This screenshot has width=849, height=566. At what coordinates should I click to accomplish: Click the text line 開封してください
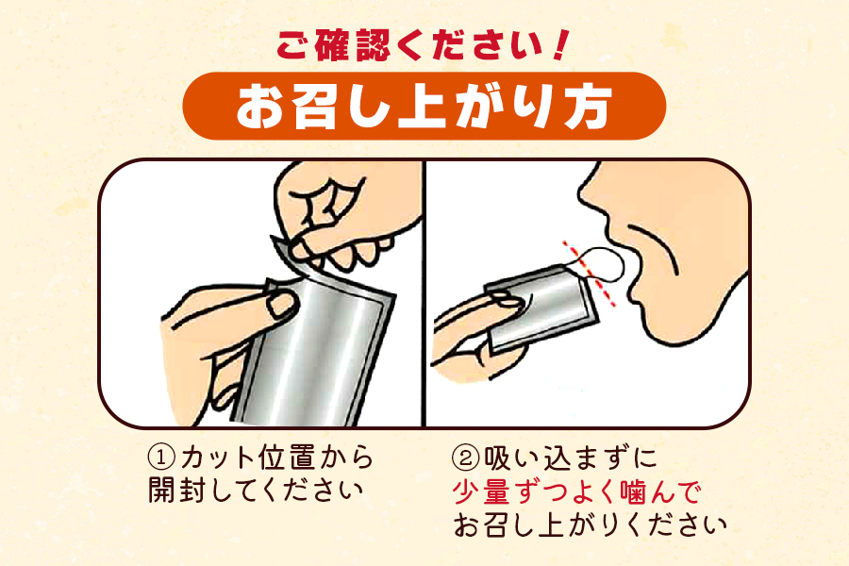[x=255, y=491]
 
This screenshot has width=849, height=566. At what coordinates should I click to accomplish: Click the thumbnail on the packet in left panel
[x=280, y=304]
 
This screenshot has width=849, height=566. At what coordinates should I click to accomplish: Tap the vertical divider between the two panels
[x=424, y=292]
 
